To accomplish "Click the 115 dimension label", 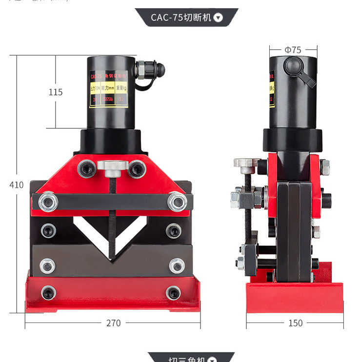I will tap(56, 92).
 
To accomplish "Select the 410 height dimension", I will tap(16, 185).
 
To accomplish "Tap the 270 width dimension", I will tap(112, 323).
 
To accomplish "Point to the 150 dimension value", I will tap(295, 323).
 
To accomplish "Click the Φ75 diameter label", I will tap(293, 49).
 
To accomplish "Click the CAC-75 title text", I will tap(180, 18).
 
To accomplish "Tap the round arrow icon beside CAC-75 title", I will tap(218, 18).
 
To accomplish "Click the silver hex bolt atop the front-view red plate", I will tap(112, 166).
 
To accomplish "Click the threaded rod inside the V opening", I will tap(112, 220).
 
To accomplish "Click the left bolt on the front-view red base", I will tap(48, 293).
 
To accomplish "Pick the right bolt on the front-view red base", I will tap(173, 293).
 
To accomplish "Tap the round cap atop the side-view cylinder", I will tap(294, 64).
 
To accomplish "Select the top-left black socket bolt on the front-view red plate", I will tap(87, 168).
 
